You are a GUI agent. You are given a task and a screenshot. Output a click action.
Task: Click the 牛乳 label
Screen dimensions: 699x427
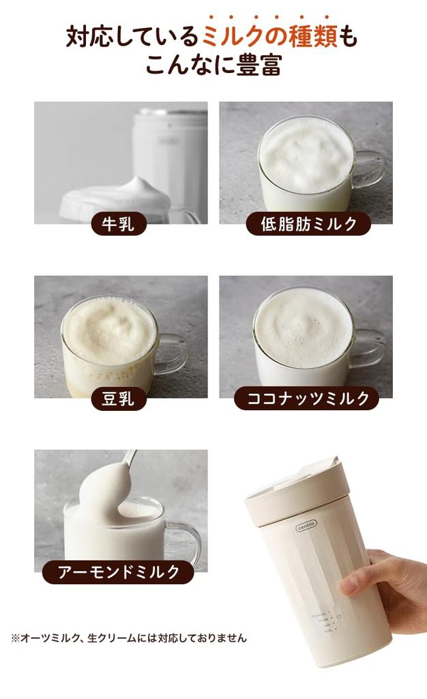[x=119, y=224]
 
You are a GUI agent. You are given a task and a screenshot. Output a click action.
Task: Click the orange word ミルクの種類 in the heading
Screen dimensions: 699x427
[x=269, y=36]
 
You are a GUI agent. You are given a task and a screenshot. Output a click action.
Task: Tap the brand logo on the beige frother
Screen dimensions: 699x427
[x=306, y=526]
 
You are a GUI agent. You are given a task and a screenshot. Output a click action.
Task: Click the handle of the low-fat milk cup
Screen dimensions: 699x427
[x=369, y=167]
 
